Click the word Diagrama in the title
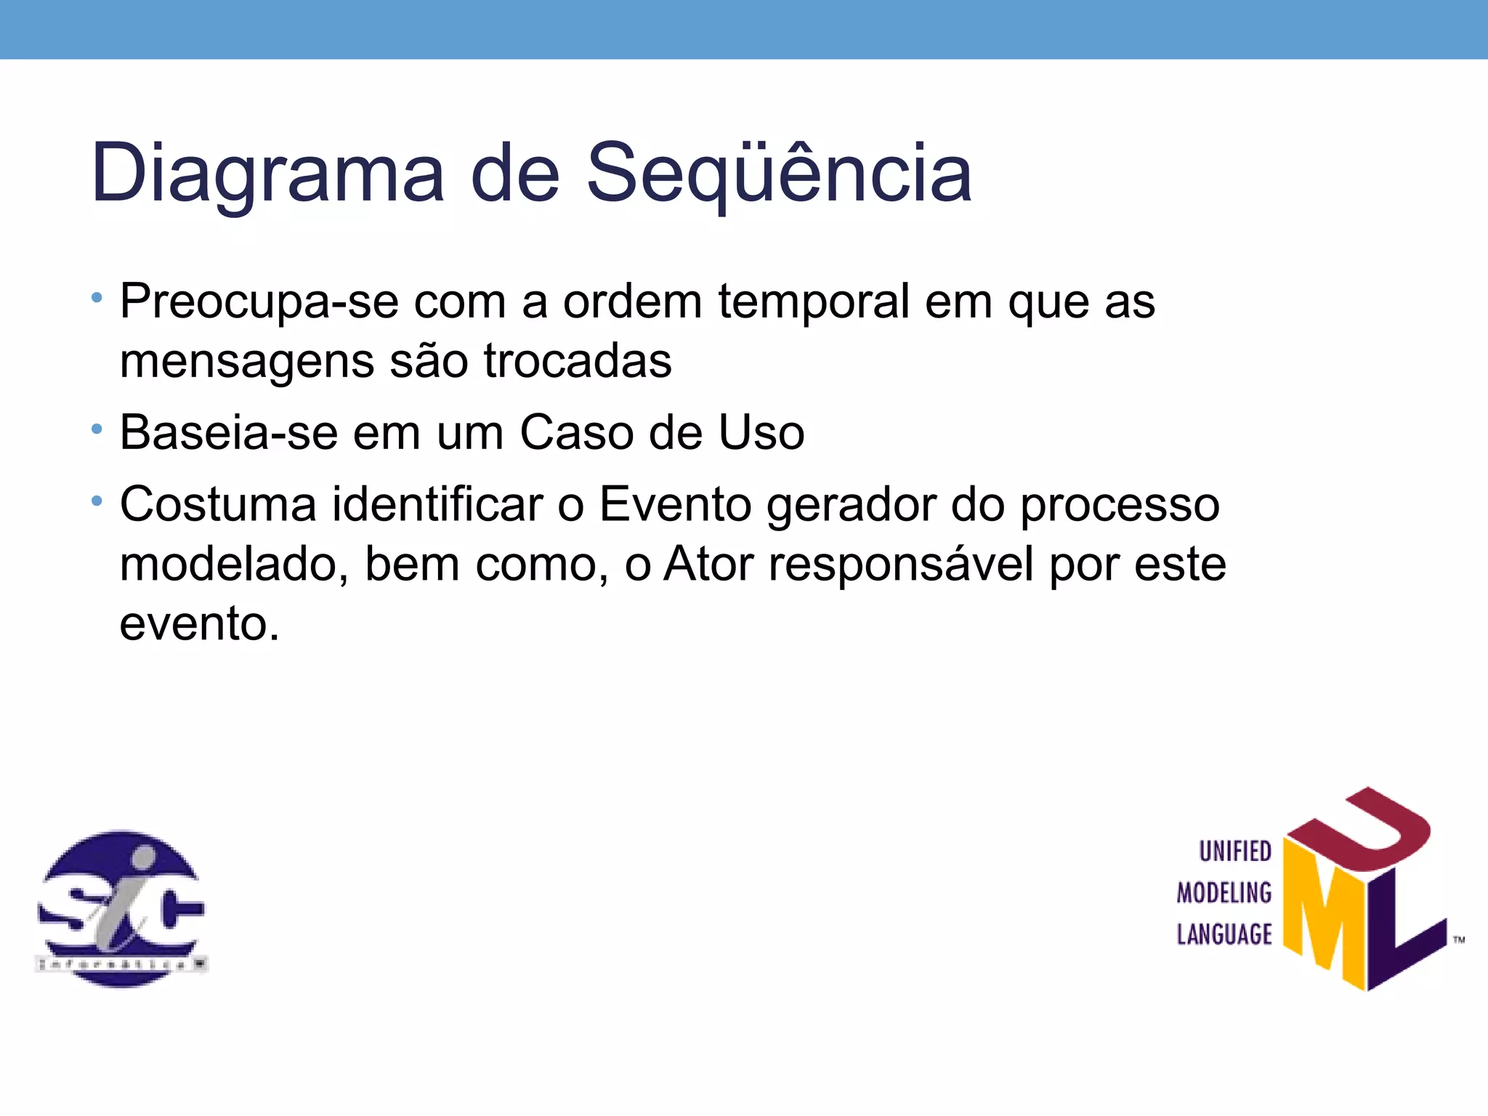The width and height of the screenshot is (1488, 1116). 267,174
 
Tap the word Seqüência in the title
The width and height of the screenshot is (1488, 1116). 778,174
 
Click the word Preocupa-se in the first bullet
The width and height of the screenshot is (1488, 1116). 259,302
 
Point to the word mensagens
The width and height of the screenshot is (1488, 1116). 247,361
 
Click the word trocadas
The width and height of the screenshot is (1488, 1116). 578,360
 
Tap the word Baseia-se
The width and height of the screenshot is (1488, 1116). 229,433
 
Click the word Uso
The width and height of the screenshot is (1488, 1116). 761,433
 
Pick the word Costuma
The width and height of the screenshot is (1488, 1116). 218,504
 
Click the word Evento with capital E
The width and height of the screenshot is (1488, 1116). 675,504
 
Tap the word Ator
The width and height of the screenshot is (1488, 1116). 708,564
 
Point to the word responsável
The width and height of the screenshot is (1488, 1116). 901,565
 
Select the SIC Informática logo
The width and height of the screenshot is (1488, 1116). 121,908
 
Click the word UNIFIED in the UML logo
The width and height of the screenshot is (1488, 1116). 1234,852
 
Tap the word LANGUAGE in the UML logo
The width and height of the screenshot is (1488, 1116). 1224,934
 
